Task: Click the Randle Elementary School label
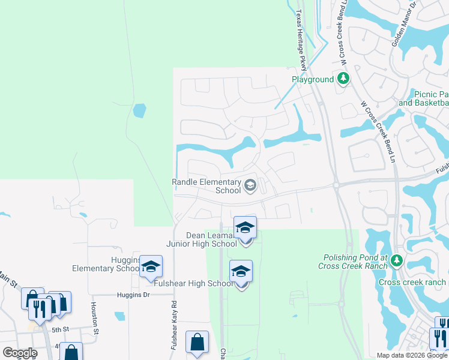coord(206,186)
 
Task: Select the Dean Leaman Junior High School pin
coord(245,229)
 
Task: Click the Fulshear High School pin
coord(241,272)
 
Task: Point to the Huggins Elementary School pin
coord(151,266)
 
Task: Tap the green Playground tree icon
coord(343,79)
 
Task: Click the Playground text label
coord(313,79)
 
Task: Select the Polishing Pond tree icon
coord(396,260)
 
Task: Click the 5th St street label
coord(61,329)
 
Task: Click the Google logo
coord(20,353)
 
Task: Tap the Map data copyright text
coord(412,355)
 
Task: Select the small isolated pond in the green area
coord(139,110)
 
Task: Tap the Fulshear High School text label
coord(191,283)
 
